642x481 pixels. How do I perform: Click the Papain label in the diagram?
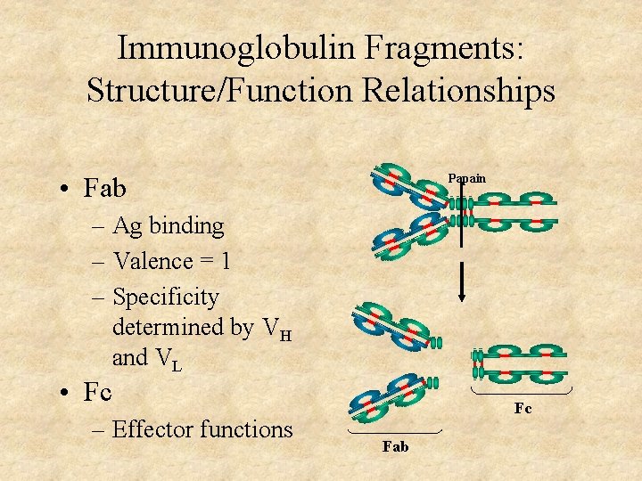(466, 178)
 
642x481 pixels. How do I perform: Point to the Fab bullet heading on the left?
(104, 189)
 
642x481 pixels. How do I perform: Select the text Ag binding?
(169, 226)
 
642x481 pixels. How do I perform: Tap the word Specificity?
(166, 297)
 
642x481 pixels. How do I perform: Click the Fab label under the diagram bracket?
(395, 446)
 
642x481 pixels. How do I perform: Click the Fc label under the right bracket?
(523, 409)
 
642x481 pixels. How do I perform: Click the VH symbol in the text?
(276, 330)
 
